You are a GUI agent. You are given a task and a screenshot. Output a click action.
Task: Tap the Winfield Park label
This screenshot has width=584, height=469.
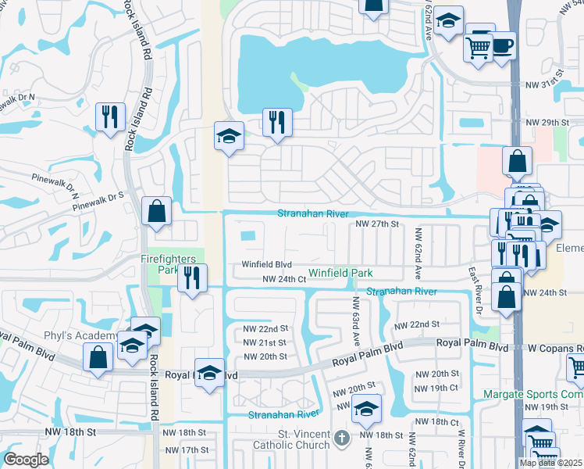click(x=340, y=273)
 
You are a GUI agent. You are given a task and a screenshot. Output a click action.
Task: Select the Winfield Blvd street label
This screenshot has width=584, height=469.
click(x=265, y=265)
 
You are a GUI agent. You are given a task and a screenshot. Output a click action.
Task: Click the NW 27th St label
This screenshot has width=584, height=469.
click(x=377, y=224)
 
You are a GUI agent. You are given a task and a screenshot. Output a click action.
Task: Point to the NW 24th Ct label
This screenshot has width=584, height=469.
click(x=283, y=279)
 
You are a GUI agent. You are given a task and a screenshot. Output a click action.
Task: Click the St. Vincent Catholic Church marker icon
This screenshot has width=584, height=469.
click(x=341, y=439)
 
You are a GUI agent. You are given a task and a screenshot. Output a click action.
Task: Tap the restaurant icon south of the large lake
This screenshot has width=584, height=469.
click(x=277, y=122)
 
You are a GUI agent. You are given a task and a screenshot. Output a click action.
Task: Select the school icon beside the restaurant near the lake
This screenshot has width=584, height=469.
click(x=229, y=136)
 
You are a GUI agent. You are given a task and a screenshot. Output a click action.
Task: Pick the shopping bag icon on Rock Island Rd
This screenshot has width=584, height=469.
click(x=157, y=210)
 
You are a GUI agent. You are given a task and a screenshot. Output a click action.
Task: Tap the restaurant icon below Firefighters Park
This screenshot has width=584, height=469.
click(x=192, y=277)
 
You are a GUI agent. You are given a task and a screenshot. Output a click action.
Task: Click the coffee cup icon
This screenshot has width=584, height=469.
click(x=502, y=45)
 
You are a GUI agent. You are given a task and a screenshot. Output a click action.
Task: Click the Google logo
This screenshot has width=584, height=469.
click(x=26, y=460)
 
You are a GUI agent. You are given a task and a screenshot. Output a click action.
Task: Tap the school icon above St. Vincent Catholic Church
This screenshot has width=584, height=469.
click(x=366, y=408)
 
